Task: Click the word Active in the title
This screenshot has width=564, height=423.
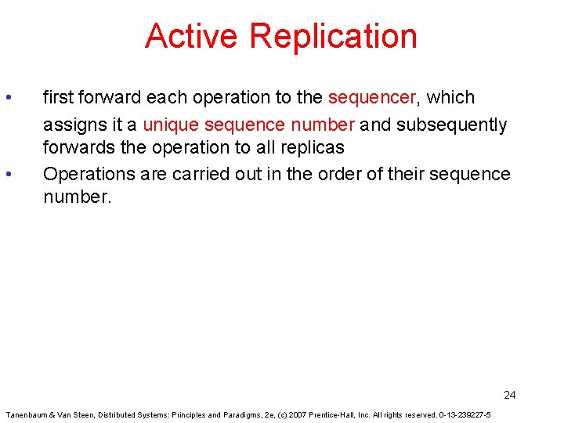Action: (x=192, y=36)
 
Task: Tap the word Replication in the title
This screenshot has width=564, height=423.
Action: (x=334, y=36)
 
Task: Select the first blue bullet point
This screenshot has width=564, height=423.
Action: (x=8, y=98)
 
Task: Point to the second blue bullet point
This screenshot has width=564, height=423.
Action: (x=8, y=175)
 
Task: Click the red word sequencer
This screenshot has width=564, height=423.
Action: (x=372, y=98)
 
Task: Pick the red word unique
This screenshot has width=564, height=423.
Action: (x=171, y=125)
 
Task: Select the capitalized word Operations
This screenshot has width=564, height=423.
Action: (x=85, y=174)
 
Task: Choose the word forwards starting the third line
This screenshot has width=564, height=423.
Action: (x=75, y=148)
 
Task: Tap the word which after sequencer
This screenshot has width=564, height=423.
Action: (x=451, y=98)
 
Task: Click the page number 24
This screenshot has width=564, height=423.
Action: (x=509, y=395)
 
